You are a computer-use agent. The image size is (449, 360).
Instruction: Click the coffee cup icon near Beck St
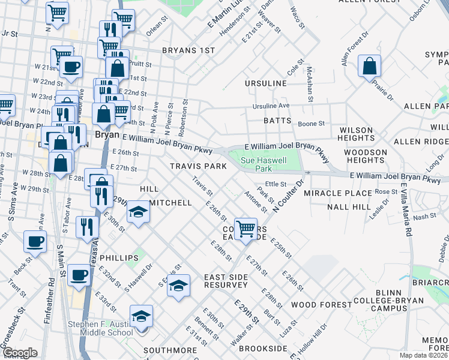pyautogui.click(x=35, y=242)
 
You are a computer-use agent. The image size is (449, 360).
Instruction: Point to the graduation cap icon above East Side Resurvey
pyautogui.click(x=178, y=286)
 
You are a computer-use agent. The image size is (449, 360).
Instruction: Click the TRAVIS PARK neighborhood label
pyautogui.click(x=197, y=166)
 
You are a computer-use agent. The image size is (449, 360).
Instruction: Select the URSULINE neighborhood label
pyautogui.click(x=265, y=83)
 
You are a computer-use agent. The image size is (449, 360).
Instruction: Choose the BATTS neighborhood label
pyautogui.click(x=277, y=121)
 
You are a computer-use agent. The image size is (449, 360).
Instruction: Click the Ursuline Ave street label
pyautogui.click(x=271, y=106)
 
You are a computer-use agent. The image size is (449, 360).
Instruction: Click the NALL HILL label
pyautogui.click(x=349, y=207)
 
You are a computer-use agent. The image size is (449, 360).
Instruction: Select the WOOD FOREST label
pyautogui.click(x=321, y=305)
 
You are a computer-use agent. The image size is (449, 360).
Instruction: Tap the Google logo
pyautogui.click(x=20, y=353)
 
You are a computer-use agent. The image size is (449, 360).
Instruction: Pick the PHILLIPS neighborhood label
pyautogui.click(x=119, y=258)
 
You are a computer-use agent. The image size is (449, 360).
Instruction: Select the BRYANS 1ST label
pyautogui.click(x=188, y=51)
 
